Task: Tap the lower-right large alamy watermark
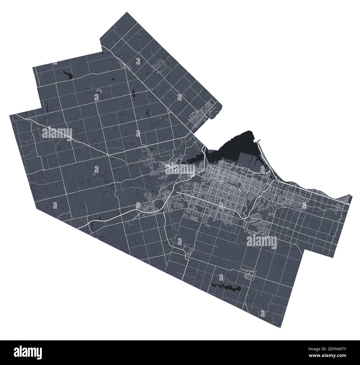[x=261, y=240]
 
